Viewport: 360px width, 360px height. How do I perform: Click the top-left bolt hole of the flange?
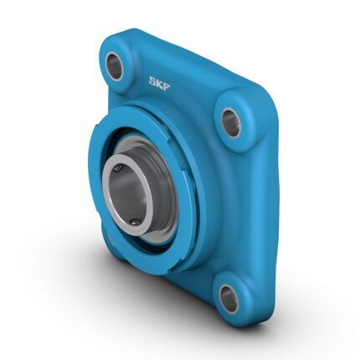[115, 65]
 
